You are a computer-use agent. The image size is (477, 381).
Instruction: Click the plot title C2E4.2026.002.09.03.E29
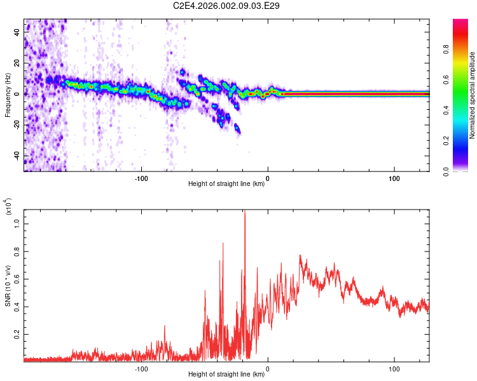click(x=226, y=6)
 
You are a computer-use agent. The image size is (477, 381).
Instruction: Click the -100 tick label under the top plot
click(x=141, y=178)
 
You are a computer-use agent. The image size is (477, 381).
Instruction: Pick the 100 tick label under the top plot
click(x=394, y=178)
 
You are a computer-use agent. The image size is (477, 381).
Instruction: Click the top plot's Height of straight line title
click(x=226, y=185)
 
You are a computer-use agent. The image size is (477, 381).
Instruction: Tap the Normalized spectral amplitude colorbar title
click(x=473, y=95)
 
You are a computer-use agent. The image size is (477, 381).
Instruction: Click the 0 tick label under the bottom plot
click(x=268, y=369)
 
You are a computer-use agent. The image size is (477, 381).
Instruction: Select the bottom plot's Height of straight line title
click(x=226, y=375)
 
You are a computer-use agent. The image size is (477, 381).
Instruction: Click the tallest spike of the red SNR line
click(x=244, y=212)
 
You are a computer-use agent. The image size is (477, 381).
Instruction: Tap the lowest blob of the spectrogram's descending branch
click(x=238, y=130)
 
